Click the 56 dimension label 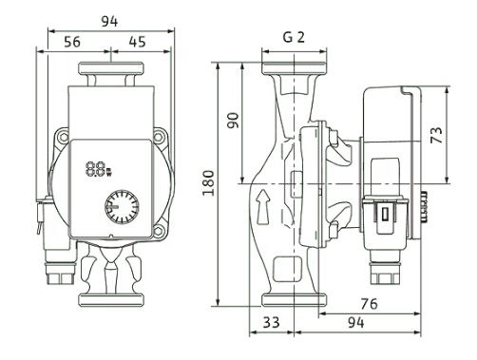click(72, 42)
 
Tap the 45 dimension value click(138, 42)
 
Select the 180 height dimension click(209, 183)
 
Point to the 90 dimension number click(234, 120)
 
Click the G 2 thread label click(294, 37)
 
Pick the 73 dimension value click(436, 135)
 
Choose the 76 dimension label click(369, 304)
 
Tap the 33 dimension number click(272, 322)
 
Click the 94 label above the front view click(109, 22)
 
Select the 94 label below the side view click(355, 322)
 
